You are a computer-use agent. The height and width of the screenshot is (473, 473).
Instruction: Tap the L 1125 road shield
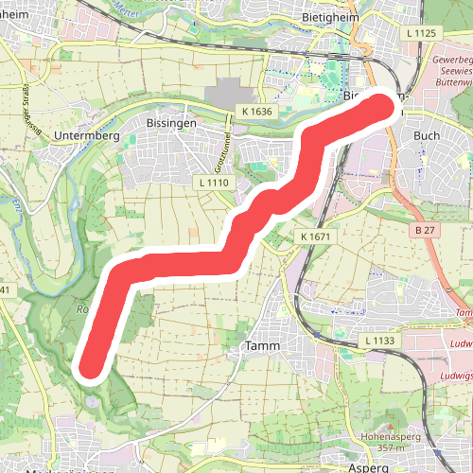pyautogui.click(x=422, y=33)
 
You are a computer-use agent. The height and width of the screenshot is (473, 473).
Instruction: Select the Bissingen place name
pyautogui.click(x=171, y=124)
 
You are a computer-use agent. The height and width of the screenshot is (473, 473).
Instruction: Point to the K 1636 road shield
pyautogui.click(x=256, y=111)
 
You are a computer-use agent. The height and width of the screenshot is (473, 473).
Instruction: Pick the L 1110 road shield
pyautogui.click(x=215, y=181)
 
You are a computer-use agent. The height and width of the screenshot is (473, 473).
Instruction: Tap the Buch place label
pyautogui.click(x=427, y=135)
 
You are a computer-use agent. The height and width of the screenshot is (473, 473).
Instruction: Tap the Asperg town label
pyautogui.click(x=369, y=467)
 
